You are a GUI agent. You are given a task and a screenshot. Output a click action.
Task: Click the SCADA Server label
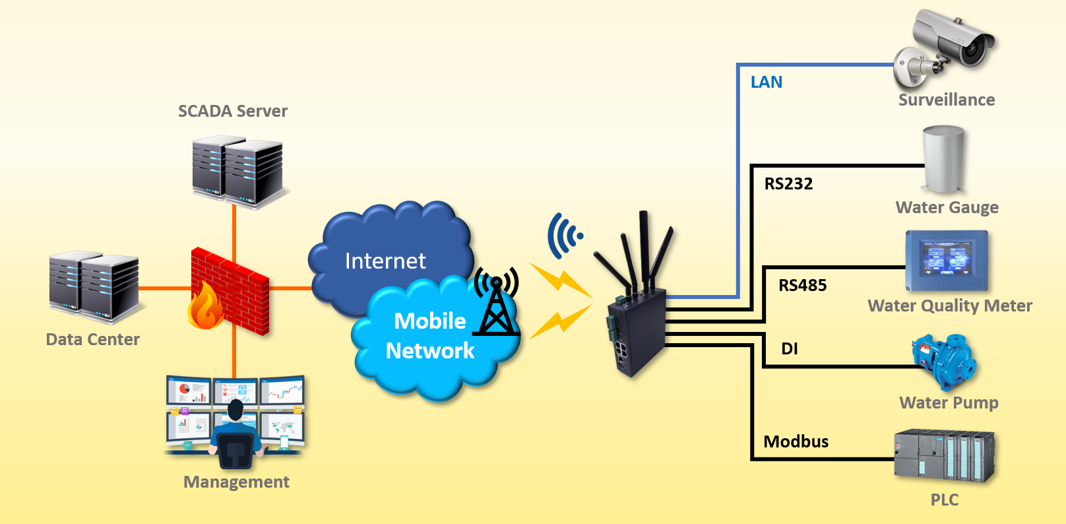click(x=233, y=111)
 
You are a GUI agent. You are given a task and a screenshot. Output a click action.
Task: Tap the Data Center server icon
click(x=94, y=286)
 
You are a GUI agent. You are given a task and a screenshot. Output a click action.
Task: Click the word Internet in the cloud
click(x=385, y=261)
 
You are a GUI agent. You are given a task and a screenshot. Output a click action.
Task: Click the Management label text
click(x=236, y=482)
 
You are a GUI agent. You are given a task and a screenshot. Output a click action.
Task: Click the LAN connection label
click(x=767, y=82)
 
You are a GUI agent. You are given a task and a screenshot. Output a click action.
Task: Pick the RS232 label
click(x=788, y=184)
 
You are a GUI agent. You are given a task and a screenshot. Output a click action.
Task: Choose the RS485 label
click(x=802, y=286)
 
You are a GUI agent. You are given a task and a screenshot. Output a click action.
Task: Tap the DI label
click(x=790, y=349)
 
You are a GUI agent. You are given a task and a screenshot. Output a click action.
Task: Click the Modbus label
click(x=796, y=442)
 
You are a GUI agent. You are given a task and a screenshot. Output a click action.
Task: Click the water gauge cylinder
click(x=944, y=159)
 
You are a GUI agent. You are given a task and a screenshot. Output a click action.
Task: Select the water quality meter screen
click(x=947, y=260)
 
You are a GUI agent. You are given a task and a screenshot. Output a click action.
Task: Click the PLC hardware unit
click(x=944, y=455)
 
